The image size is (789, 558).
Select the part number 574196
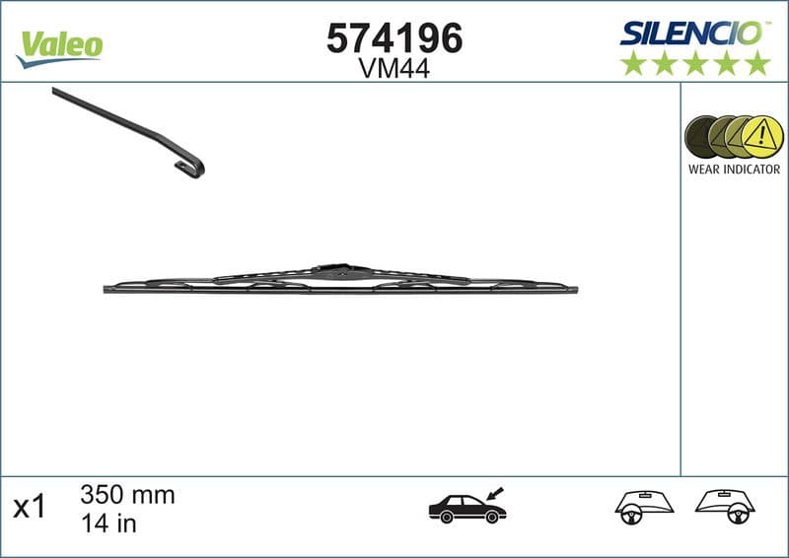point(394,38)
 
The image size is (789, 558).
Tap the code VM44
point(394,68)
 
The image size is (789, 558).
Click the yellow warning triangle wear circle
point(760,136)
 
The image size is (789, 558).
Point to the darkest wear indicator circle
point(704,136)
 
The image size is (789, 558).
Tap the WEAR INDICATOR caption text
point(734,169)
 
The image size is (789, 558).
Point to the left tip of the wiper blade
point(107,289)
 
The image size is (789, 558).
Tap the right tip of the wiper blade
point(575,290)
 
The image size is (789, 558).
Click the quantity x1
point(29,508)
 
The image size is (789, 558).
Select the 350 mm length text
point(126,495)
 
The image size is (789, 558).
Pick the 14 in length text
point(108,523)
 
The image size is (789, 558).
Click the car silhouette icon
point(466,508)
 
